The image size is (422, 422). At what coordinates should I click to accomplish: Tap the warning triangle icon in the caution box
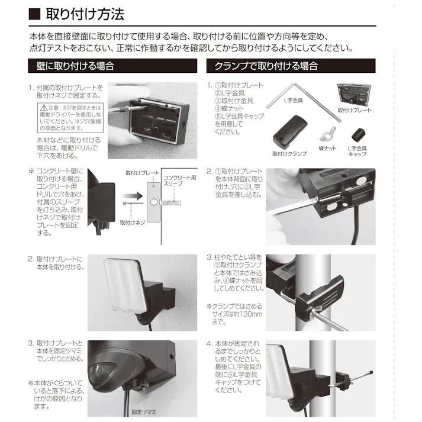pyautogui.click(x=43, y=108)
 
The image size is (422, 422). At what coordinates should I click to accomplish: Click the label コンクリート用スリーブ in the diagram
pyautogui.click(x=179, y=181)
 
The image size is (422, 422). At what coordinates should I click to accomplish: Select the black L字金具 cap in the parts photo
pyautogui.click(x=357, y=133)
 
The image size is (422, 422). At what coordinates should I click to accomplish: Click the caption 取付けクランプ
pyautogui.click(x=289, y=153)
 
